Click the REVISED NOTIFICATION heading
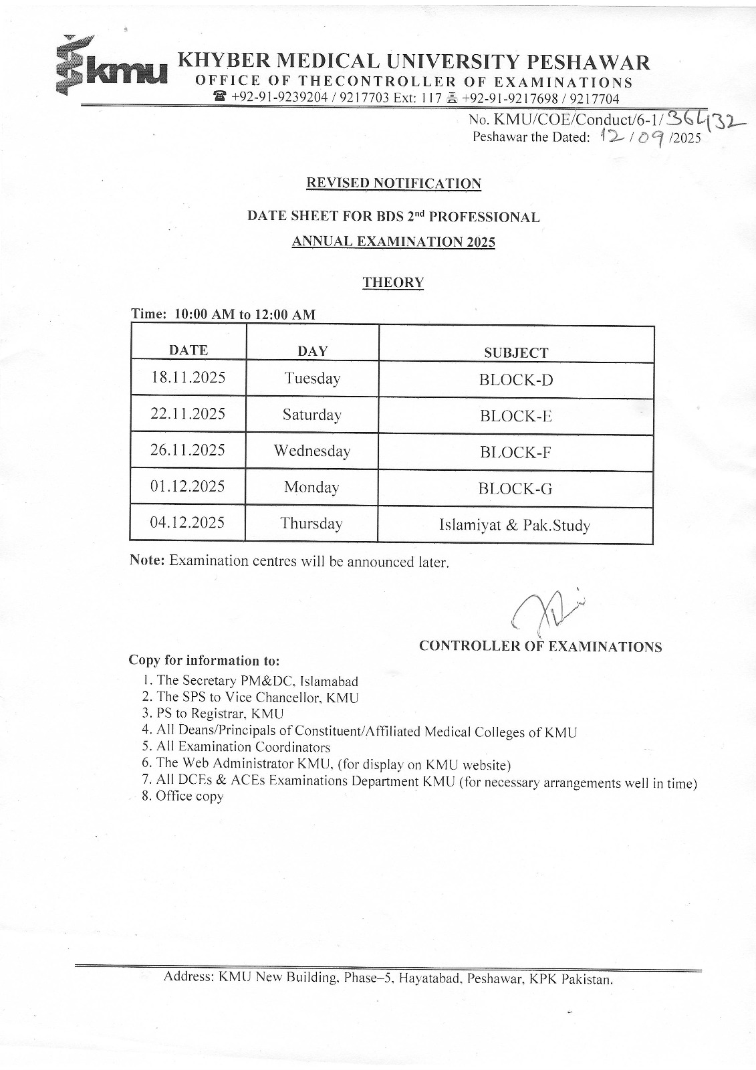393,183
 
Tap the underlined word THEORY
393,282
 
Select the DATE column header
188,350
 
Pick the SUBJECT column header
516,352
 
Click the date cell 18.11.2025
188,377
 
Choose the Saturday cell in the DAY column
311,415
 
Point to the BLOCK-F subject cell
515,452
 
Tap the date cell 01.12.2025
188,486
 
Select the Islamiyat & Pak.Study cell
514,526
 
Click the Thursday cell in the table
311,523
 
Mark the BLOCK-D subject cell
516,380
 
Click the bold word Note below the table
146,560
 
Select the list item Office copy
189,796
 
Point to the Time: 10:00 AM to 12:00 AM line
223,314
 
